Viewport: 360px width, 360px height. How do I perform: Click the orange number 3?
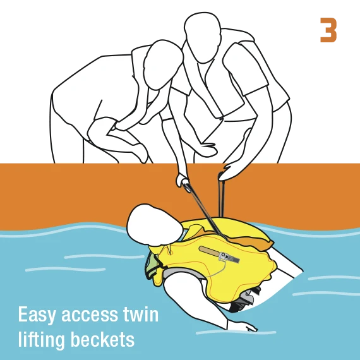(x=328, y=30)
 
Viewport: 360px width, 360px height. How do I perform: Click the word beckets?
(x=102, y=339)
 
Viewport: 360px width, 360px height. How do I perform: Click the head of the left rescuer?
(x=162, y=65)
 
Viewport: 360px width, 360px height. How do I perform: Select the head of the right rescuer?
(x=202, y=37)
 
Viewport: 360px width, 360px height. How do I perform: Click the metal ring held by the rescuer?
(x=186, y=186)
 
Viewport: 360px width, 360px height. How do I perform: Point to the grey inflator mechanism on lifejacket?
(x=229, y=257)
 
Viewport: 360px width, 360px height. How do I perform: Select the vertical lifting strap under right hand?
(x=221, y=198)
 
